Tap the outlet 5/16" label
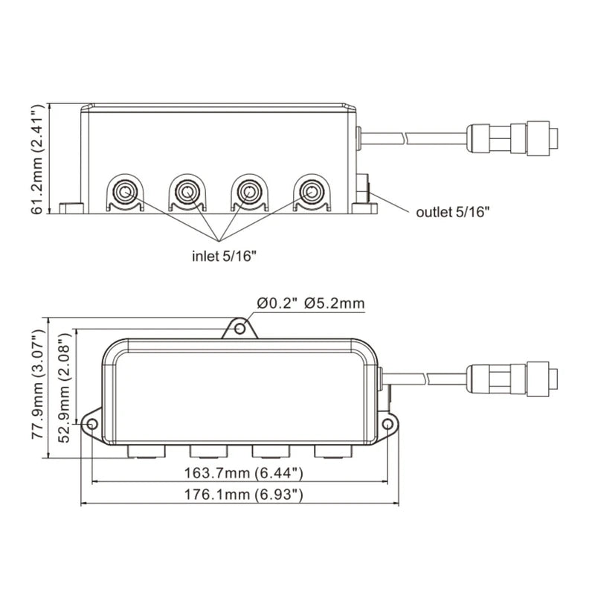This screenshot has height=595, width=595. pyautogui.click(x=452, y=212)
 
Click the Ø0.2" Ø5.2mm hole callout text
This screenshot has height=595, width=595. pyautogui.click(x=310, y=303)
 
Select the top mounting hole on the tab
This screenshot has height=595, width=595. pyautogui.click(x=239, y=327)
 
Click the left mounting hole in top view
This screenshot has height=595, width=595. pyautogui.click(x=91, y=424)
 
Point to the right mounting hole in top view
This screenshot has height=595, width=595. pyautogui.click(x=387, y=424)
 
